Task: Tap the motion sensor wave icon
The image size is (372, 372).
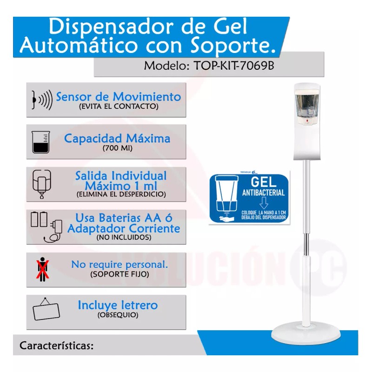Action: (x=41, y=99)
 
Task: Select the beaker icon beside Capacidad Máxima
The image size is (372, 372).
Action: (x=40, y=141)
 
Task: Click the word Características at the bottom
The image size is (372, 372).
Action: (x=57, y=346)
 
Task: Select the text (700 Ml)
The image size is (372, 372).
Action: (x=117, y=149)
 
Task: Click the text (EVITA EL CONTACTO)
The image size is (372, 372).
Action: (x=119, y=106)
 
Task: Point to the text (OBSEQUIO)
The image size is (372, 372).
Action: (x=118, y=315)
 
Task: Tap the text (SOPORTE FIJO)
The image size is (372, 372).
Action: (x=120, y=274)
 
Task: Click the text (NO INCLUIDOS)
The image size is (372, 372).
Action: (x=124, y=237)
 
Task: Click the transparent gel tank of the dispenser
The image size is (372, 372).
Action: (x=306, y=105)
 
